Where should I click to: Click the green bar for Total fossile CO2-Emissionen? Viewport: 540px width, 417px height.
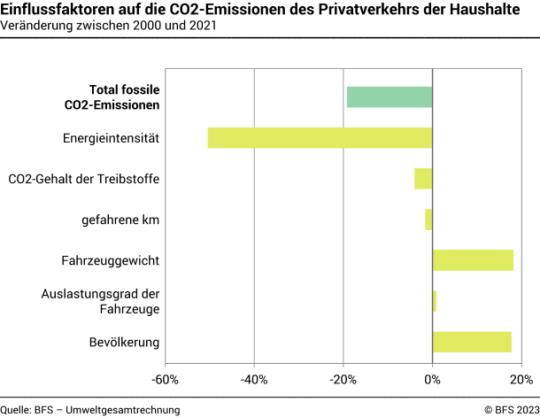pyautogui.click(x=390, y=97)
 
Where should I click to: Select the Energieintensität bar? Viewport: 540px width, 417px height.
pyautogui.click(x=320, y=138)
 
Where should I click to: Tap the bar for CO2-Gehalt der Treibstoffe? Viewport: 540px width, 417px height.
pyautogui.click(x=423, y=179)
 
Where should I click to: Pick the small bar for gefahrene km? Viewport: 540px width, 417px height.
pyautogui.click(x=428, y=220)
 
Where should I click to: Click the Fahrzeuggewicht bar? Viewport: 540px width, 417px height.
pyautogui.click(x=473, y=260)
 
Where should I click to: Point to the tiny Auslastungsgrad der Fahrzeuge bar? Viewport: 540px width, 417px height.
pyautogui.click(x=435, y=301)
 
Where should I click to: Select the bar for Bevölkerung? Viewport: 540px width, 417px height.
pyautogui.click(x=472, y=342)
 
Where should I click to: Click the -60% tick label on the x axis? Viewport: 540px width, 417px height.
pyautogui.click(x=165, y=380)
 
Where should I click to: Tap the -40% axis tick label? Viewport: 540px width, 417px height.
pyautogui.click(x=254, y=380)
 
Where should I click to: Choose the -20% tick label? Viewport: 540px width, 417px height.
pyautogui.click(x=343, y=380)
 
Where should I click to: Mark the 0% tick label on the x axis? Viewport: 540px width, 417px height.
pyautogui.click(x=432, y=380)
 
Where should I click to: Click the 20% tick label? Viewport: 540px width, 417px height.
pyautogui.click(x=521, y=380)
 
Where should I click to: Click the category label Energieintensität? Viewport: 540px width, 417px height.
pyautogui.click(x=111, y=138)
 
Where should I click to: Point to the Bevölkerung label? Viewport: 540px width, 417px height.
pyautogui.click(x=124, y=342)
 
